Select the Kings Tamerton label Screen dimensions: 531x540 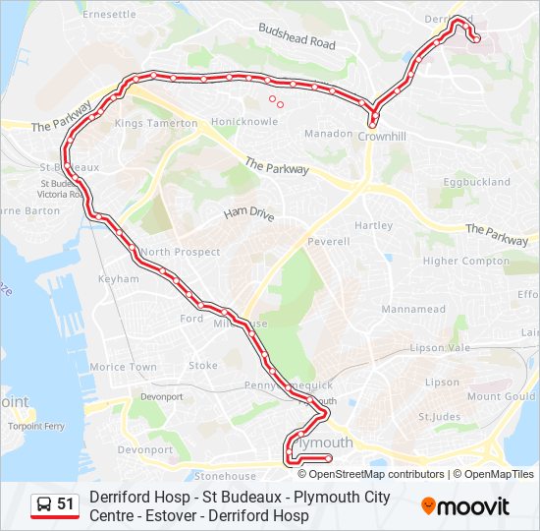tap(156, 123)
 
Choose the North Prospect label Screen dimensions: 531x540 tap(180, 252)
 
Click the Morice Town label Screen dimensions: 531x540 tap(123, 367)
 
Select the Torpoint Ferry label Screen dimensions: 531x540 tap(35, 427)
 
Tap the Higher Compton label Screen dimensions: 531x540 tap(466, 262)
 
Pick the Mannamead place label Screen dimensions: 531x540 tap(414, 309)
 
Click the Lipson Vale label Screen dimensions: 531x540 tap(446, 348)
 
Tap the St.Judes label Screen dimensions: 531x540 tap(439, 417)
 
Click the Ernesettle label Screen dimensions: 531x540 tap(110, 15)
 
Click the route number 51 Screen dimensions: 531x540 tap(66, 504)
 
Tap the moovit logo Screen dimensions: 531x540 tap(465, 506)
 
